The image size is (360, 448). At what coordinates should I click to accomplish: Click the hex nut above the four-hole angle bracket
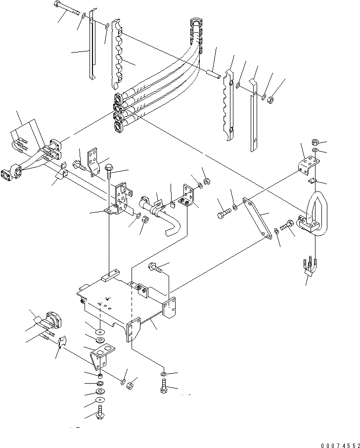coord(315,142)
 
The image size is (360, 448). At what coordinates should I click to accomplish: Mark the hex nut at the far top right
coord(271,101)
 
